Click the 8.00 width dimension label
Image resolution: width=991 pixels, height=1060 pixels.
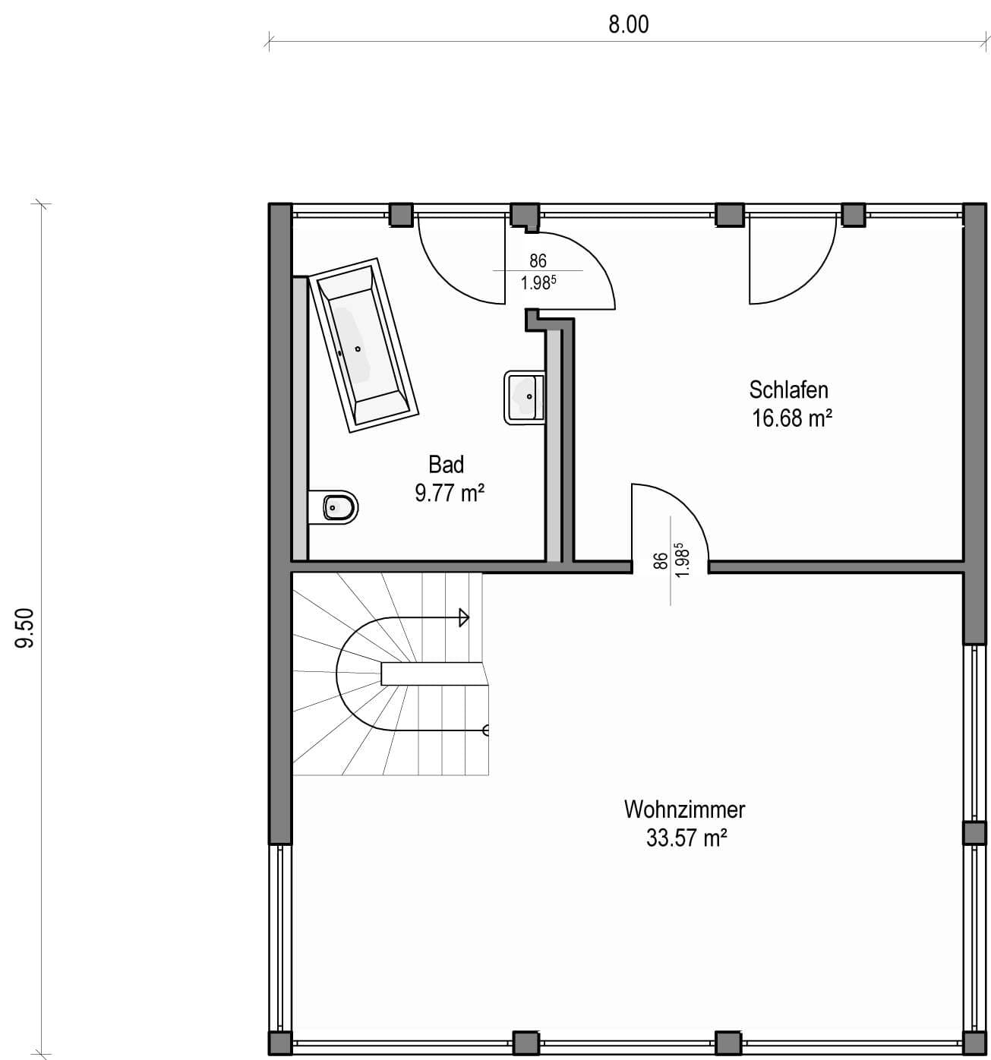coord(629,25)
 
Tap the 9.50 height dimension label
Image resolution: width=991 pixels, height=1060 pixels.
coord(25,628)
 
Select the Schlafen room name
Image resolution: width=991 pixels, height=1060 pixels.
coord(789,390)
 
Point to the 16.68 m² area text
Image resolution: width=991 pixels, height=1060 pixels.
coord(792,418)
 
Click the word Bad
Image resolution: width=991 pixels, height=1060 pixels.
coord(446,465)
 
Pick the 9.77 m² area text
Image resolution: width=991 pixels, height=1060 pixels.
coord(450,493)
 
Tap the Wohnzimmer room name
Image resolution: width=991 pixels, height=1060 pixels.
coord(684,809)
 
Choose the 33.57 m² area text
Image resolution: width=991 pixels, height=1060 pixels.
coord(686,838)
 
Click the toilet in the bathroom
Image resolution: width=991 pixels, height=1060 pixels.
coord(333,507)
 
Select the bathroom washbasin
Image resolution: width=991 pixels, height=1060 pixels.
coord(524,398)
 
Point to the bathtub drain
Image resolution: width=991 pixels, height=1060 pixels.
coord(358,349)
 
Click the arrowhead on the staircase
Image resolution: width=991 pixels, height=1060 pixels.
coord(464,618)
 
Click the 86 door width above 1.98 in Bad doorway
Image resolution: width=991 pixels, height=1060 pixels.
coord(538,260)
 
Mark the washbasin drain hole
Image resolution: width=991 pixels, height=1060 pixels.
coord(529,396)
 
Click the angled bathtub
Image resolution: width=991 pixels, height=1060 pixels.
coord(364,345)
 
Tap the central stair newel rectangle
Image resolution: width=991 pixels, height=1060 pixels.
coord(434,674)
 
